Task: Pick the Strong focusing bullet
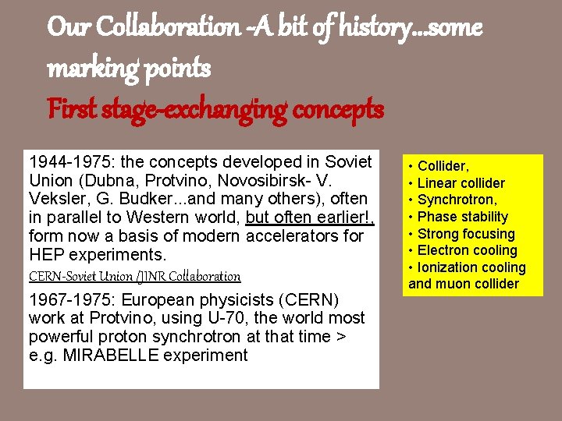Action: (x=466, y=234)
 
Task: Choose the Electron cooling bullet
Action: (x=467, y=250)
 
